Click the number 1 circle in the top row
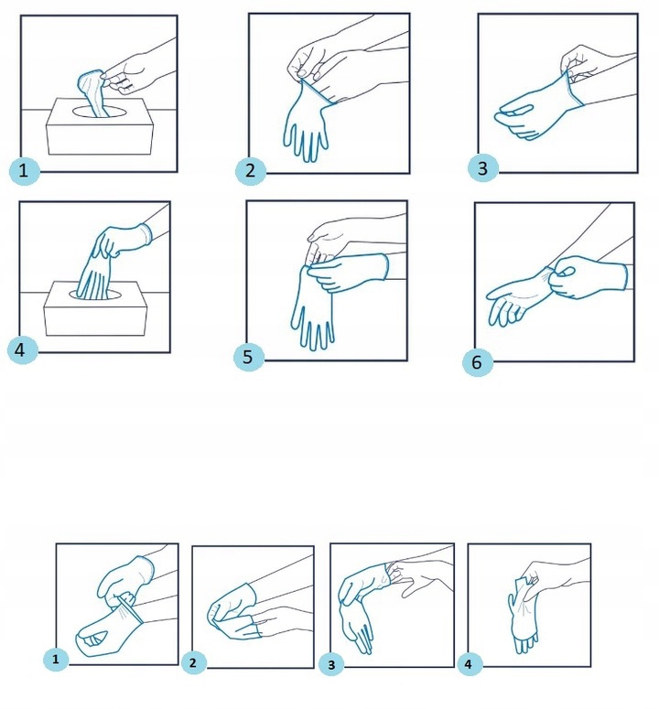[25, 170]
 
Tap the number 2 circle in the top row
[251, 170]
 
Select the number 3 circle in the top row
[483, 168]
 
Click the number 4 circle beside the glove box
[23, 349]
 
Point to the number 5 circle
[249, 357]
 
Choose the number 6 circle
[478, 361]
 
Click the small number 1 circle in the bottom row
[56, 659]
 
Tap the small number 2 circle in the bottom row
[194, 663]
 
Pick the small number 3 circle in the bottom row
[331, 665]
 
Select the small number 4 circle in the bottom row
[469, 664]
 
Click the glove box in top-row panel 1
[100, 127]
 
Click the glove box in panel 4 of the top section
[96, 309]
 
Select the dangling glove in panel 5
[313, 307]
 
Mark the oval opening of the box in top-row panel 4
[96, 295]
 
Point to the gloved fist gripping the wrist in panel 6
[586, 276]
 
